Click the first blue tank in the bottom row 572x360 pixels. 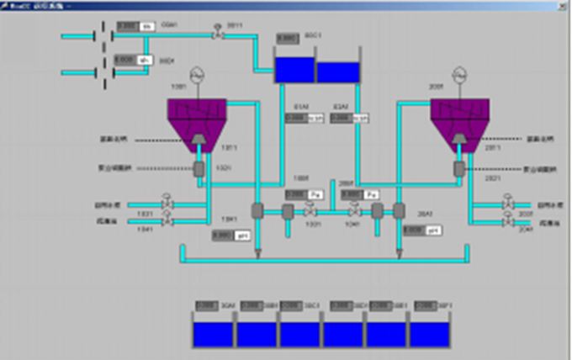coord(214,334)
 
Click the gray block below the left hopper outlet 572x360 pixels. coord(199,168)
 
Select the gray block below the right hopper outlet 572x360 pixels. coord(460,168)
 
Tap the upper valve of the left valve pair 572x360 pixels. coord(167,204)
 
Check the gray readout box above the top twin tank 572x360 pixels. coord(289,39)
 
